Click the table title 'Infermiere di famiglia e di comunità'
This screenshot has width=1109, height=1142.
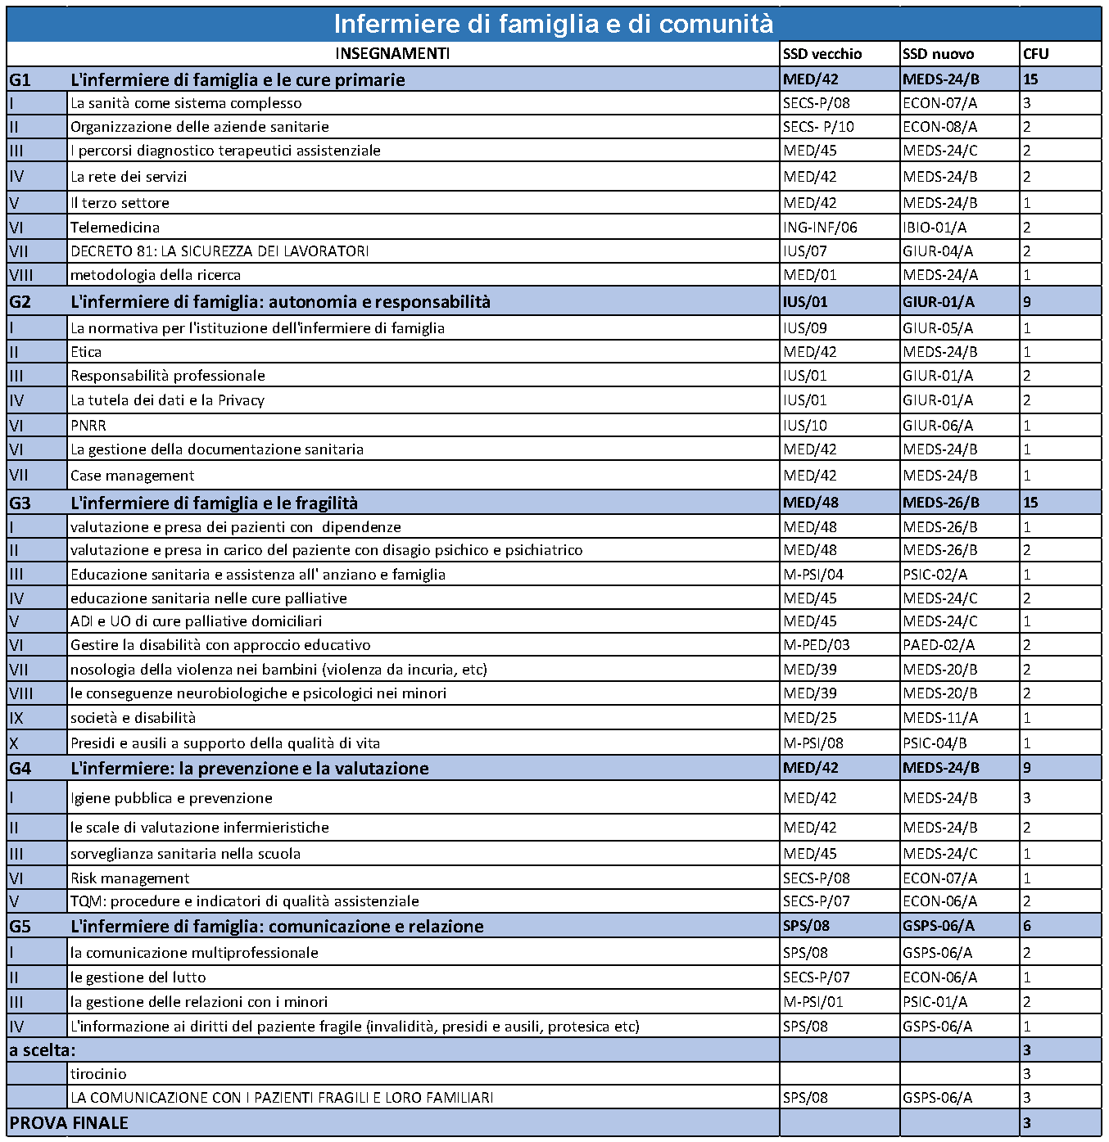click(x=553, y=24)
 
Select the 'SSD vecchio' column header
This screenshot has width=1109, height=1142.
click(x=822, y=54)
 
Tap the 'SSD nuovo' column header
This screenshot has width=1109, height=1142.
click(x=938, y=54)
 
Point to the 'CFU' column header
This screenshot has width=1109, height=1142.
click(x=1035, y=54)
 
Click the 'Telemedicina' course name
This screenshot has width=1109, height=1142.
click(x=115, y=228)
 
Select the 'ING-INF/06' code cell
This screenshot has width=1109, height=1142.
click(x=820, y=228)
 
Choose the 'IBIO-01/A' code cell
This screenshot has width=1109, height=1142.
click(x=935, y=228)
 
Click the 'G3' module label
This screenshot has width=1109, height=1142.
click(x=20, y=503)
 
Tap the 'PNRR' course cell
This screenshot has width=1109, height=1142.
click(x=88, y=426)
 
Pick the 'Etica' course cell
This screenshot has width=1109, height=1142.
click(x=86, y=352)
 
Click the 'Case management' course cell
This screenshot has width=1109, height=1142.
click(x=133, y=476)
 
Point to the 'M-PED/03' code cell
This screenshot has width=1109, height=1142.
click(x=817, y=645)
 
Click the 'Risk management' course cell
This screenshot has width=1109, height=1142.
click(x=129, y=878)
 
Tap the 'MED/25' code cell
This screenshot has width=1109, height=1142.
click(x=810, y=718)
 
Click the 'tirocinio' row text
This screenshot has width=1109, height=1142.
click(x=98, y=1074)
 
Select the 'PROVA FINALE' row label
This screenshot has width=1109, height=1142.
click(x=69, y=1123)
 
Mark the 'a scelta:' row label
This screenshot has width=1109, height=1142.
click(x=43, y=1050)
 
